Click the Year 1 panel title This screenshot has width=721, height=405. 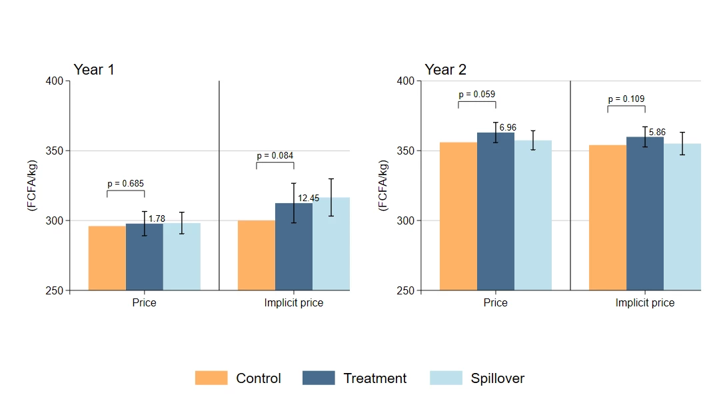pyautogui.click(x=94, y=69)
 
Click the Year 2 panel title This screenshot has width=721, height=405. pyautogui.click(x=445, y=69)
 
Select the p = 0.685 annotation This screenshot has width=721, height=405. pyautogui.click(x=125, y=183)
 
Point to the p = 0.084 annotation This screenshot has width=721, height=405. pyautogui.click(x=275, y=155)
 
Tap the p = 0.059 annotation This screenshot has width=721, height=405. pyautogui.click(x=477, y=94)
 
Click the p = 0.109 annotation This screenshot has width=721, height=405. pyautogui.click(x=626, y=99)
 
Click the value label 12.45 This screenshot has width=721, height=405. pyautogui.click(x=309, y=198)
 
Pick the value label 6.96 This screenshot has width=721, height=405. pyautogui.click(x=508, y=127)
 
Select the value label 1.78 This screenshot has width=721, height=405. pyautogui.click(x=157, y=218)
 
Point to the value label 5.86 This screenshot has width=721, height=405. pyautogui.click(x=657, y=133)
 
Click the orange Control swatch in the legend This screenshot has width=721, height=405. pyautogui.click(x=211, y=378)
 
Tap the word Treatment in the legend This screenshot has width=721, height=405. pyautogui.click(x=374, y=378)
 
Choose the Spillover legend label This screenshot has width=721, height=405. pyautogui.click(x=498, y=378)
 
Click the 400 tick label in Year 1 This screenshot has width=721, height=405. pyautogui.click(x=54, y=81)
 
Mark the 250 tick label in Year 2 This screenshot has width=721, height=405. pyautogui.click(x=406, y=290)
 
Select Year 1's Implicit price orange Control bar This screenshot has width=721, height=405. pyautogui.click(x=257, y=255)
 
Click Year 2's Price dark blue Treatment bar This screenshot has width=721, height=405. pyautogui.click(x=496, y=211)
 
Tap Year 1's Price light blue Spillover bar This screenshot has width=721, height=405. pyautogui.click(x=182, y=256)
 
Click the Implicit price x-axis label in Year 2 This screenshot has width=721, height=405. pyautogui.click(x=645, y=303)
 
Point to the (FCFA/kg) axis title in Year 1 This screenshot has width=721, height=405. pyautogui.click(x=32, y=186)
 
